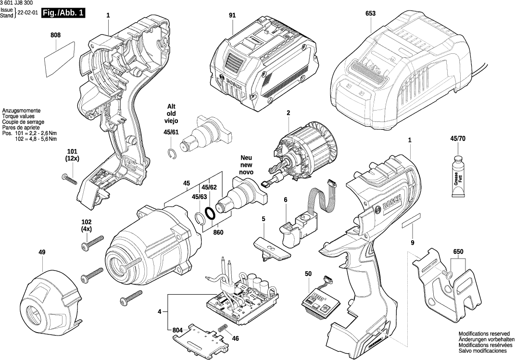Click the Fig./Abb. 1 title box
click(x=63, y=13)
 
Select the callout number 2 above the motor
click(x=289, y=113)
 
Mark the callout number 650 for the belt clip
click(x=458, y=252)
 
